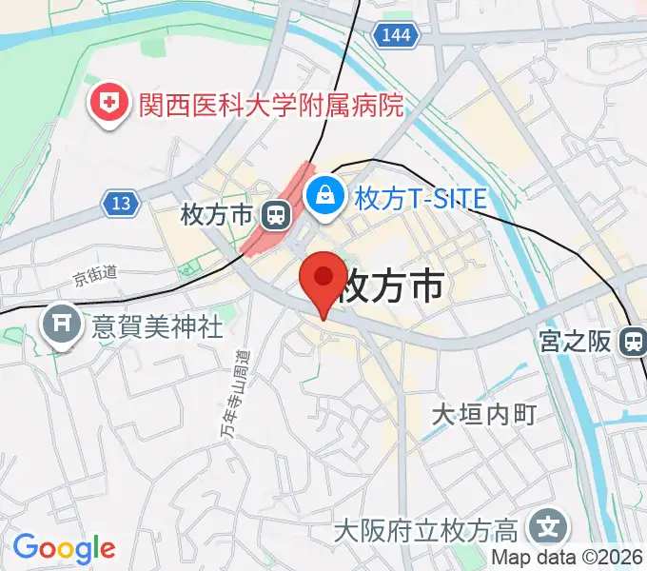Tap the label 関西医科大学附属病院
271,104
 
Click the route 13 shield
121,203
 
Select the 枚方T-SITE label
421,198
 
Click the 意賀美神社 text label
157,327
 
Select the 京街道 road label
95,275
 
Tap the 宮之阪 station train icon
632,342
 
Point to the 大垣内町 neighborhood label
484,415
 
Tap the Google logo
64,548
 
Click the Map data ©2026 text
567,558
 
